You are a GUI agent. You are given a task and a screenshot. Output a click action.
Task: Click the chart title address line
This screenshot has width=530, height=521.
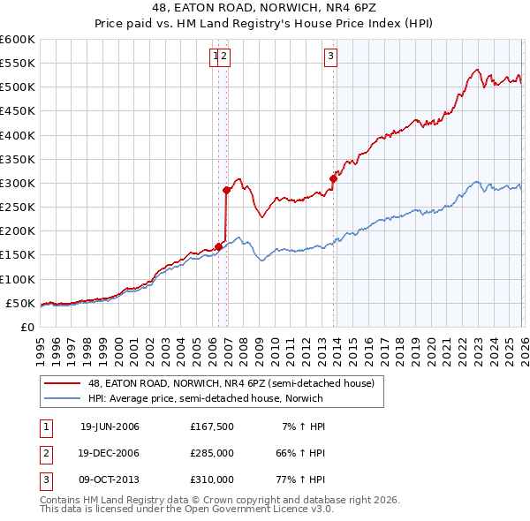265,11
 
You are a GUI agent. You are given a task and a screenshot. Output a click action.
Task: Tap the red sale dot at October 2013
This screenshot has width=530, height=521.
333,178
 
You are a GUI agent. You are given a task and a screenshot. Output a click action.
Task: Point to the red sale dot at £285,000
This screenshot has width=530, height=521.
227,190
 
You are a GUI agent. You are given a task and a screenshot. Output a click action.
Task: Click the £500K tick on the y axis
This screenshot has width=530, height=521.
18,87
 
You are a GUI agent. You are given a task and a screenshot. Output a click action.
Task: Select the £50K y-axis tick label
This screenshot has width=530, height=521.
20,303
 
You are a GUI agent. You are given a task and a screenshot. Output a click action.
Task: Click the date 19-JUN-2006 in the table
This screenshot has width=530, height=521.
110,427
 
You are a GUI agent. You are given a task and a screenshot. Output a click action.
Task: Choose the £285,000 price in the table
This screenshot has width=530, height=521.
211,453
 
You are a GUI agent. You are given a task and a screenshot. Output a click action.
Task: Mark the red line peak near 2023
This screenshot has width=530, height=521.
476,69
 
